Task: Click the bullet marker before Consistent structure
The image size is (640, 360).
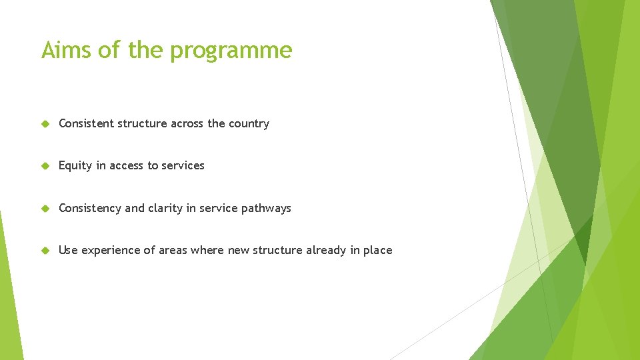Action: (45, 124)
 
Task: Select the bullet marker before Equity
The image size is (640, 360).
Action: (45, 166)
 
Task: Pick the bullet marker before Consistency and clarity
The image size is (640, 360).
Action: (45, 209)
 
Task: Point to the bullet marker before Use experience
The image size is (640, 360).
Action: (45, 251)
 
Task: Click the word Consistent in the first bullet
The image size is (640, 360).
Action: (86, 123)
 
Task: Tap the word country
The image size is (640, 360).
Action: (249, 124)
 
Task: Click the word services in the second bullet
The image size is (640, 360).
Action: (183, 165)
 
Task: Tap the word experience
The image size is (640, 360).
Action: (112, 251)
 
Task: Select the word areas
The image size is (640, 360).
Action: (171, 250)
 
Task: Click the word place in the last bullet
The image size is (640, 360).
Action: (377, 251)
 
